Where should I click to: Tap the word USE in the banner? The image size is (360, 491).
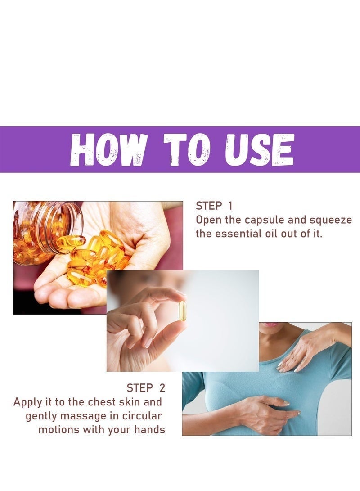260,150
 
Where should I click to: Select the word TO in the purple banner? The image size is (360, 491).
186,150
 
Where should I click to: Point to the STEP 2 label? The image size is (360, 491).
146,387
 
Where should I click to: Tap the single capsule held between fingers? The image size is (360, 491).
182,311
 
